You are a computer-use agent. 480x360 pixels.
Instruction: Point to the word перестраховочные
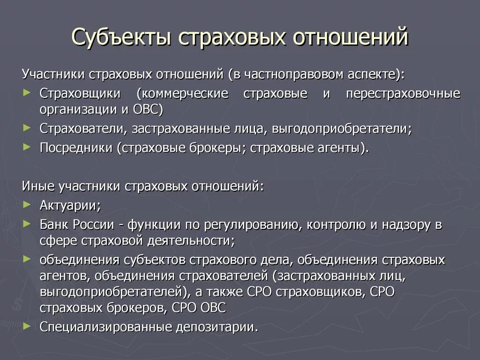[x=410, y=93]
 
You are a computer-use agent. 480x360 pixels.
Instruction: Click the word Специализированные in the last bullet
[x=106, y=326]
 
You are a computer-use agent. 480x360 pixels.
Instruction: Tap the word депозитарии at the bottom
[x=217, y=326]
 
